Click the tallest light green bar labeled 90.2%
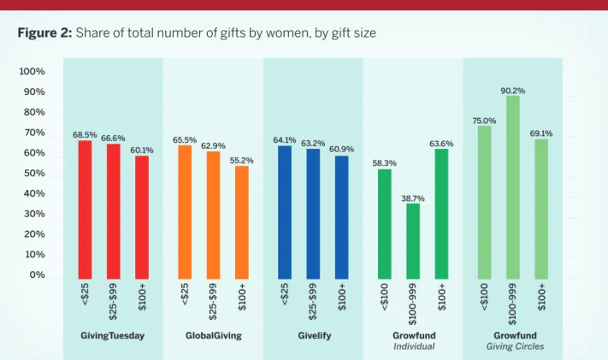point(512,187)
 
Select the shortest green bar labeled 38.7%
point(413,241)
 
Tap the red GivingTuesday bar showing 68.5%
point(85,210)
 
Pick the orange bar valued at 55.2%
point(241,222)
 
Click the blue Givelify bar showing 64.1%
point(285,212)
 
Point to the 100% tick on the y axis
point(32,71)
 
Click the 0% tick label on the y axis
point(38,274)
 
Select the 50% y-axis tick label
point(34,173)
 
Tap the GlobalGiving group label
point(213,335)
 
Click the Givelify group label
point(315,335)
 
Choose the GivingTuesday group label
point(112,336)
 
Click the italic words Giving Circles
point(515,346)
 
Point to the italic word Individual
point(414,346)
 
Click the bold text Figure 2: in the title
point(45,32)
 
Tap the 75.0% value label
point(484,121)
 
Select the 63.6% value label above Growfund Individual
point(441,144)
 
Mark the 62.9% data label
point(213,146)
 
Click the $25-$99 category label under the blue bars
point(312,301)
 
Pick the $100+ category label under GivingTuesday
point(142,297)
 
